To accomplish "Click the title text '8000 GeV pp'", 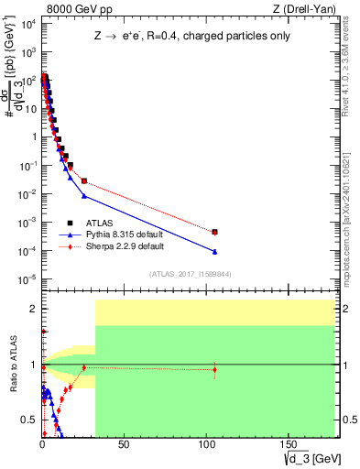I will [x=71, y=9].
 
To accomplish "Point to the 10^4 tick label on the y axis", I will [x=27, y=25].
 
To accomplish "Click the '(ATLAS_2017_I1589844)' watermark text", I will [x=190, y=273].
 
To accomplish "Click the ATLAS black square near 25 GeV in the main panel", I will [x=84, y=181].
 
